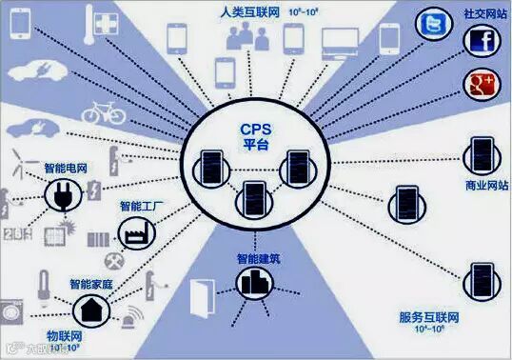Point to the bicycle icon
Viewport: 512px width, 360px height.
pyautogui.click(x=104, y=111)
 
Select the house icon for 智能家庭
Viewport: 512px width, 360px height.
pyautogui.click(x=91, y=307)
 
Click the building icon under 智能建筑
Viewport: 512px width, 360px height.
pyautogui.click(x=252, y=280)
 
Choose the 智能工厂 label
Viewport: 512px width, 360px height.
pyautogui.click(x=140, y=206)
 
